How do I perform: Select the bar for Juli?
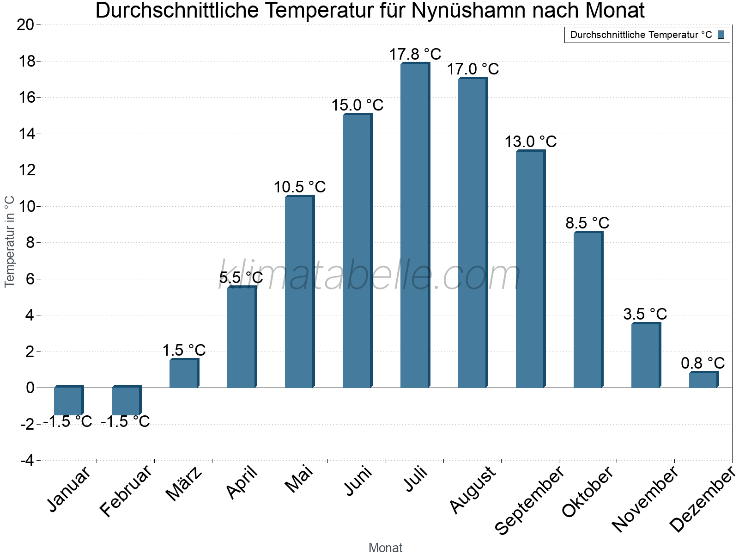click(x=414, y=226)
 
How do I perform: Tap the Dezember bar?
click(x=703, y=380)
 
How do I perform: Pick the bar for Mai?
click(x=299, y=292)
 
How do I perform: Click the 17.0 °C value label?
click(x=472, y=69)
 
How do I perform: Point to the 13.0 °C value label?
click(x=530, y=142)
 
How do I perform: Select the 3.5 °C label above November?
click(x=645, y=314)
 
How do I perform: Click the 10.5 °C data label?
click(x=299, y=187)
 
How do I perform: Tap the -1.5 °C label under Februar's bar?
click(x=125, y=422)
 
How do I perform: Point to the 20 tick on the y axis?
click(x=25, y=25)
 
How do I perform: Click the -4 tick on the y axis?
click(x=27, y=461)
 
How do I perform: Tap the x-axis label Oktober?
click(x=588, y=492)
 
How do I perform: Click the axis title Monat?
click(x=385, y=548)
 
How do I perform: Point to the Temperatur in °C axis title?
click(x=10, y=241)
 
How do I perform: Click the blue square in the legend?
click(x=721, y=35)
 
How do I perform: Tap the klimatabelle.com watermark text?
click(x=369, y=276)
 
